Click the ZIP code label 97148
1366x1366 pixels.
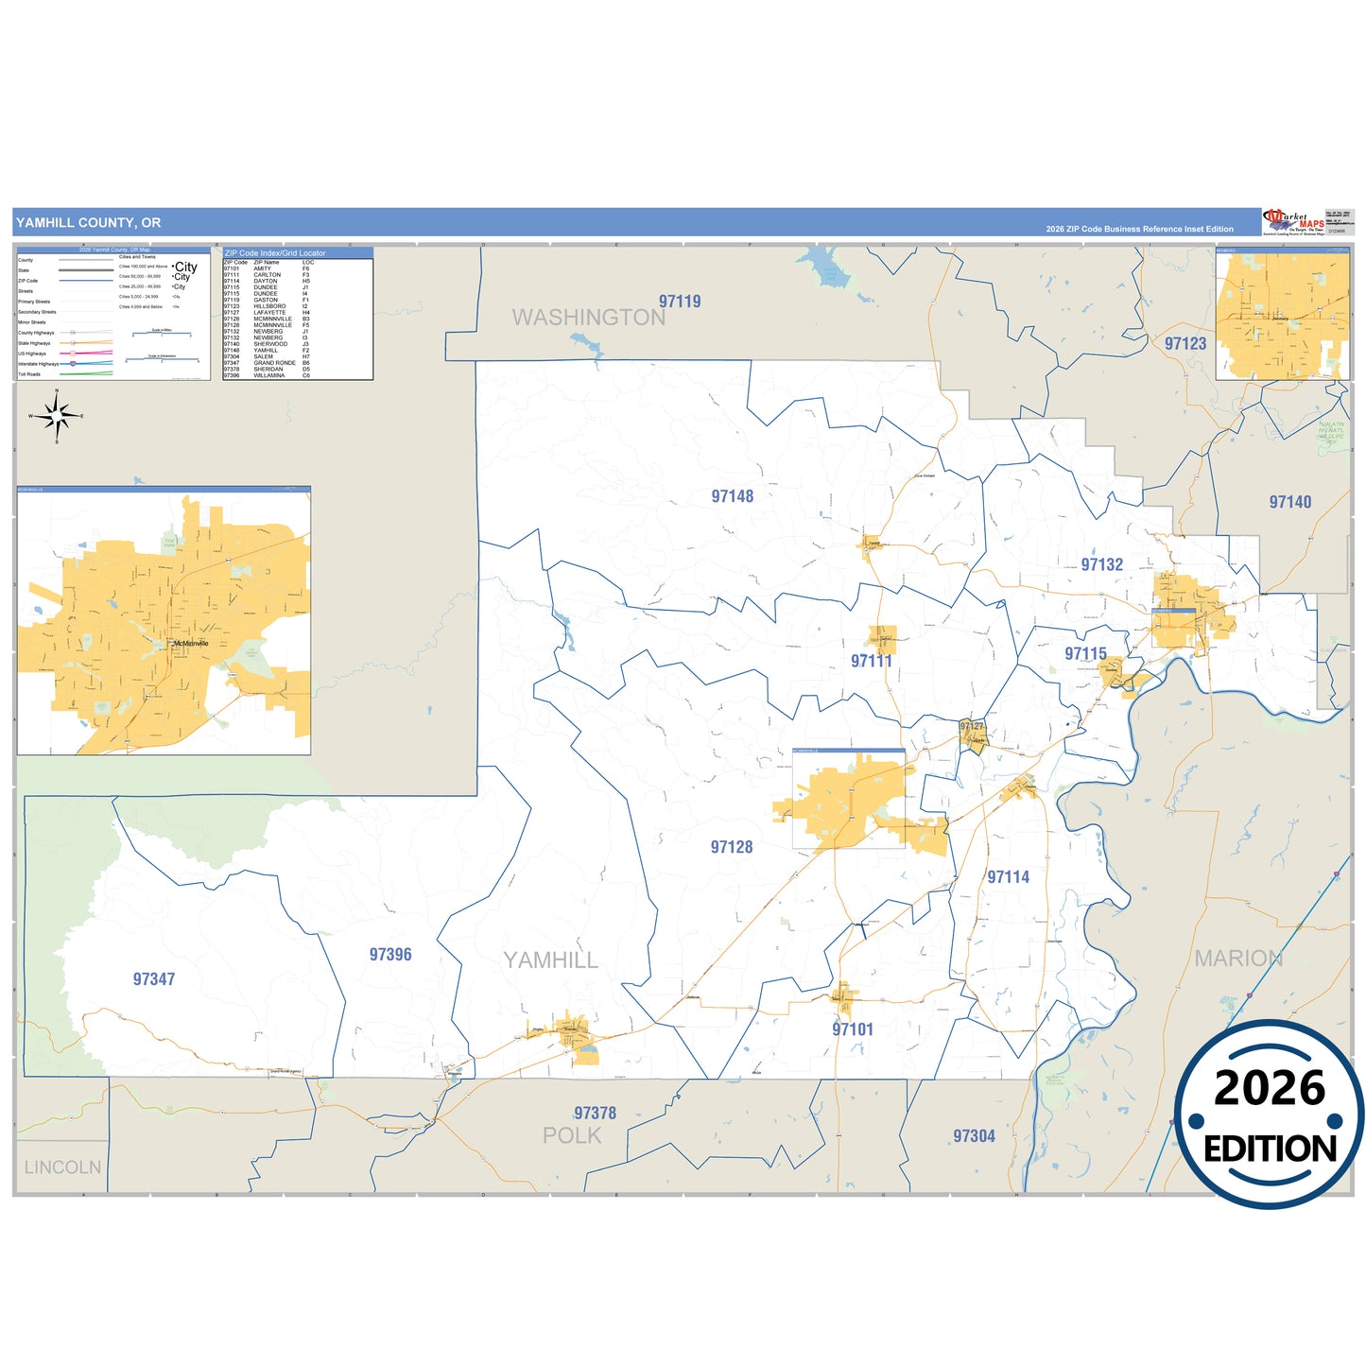click(733, 496)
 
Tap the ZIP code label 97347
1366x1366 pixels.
click(154, 979)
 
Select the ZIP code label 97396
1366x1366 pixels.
click(390, 955)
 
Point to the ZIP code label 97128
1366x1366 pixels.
click(732, 847)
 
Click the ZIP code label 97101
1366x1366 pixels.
click(853, 1029)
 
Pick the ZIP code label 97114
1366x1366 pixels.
click(1009, 877)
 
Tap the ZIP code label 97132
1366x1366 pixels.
click(1102, 564)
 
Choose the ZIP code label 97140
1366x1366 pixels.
click(1290, 502)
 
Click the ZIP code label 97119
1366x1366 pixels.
click(680, 302)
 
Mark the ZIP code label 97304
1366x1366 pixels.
click(974, 1136)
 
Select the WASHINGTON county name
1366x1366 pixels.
click(589, 318)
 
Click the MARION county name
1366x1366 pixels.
click(1238, 959)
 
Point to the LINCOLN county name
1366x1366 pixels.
click(62, 1167)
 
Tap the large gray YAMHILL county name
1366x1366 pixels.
click(550, 960)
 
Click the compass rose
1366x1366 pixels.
click(57, 416)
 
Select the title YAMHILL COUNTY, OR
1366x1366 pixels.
click(88, 223)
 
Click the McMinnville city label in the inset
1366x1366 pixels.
click(190, 644)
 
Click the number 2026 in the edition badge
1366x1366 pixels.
click(1270, 1088)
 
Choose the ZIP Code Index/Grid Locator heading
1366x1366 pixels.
click(275, 253)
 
